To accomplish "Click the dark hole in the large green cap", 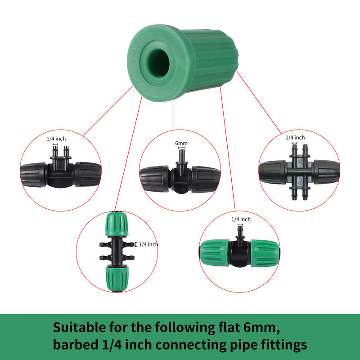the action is click(159, 63).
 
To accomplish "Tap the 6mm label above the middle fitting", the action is click(181, 143).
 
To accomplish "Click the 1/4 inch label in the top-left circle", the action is click(56, 139).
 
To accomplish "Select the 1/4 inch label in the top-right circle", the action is click(295, 138).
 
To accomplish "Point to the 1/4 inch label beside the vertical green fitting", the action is click(148, 244).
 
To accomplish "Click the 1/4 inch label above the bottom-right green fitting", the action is click(241, 219).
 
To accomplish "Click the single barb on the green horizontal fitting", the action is click(240, 232).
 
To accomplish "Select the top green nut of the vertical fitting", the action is click(117, 224).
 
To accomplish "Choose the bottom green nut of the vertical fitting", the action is click(117, 279).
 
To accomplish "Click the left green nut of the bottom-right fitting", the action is click(215, 253).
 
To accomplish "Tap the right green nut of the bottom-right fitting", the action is click(265, 253).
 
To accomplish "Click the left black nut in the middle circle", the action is click(155, 179).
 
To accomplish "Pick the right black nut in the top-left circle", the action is click(88, 174).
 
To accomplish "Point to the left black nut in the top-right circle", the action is click(273, 172).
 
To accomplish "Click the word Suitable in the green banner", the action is click(79, 328).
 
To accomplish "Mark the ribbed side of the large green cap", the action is click(211, 60).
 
